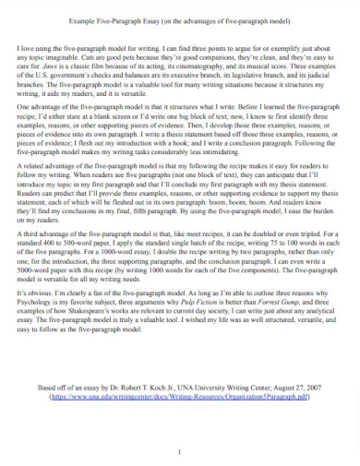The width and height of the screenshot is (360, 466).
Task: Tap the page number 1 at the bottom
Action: pyautogui.click(x=180, y=451)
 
